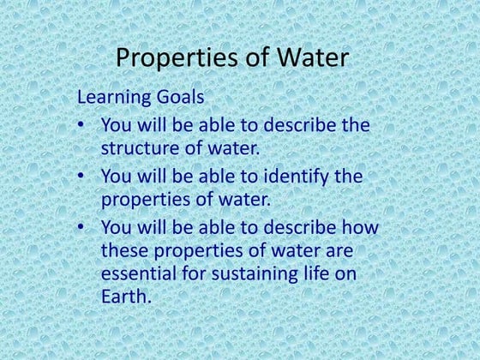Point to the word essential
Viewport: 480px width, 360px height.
pos(141,274)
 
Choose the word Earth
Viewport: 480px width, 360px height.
pos(123,298)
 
